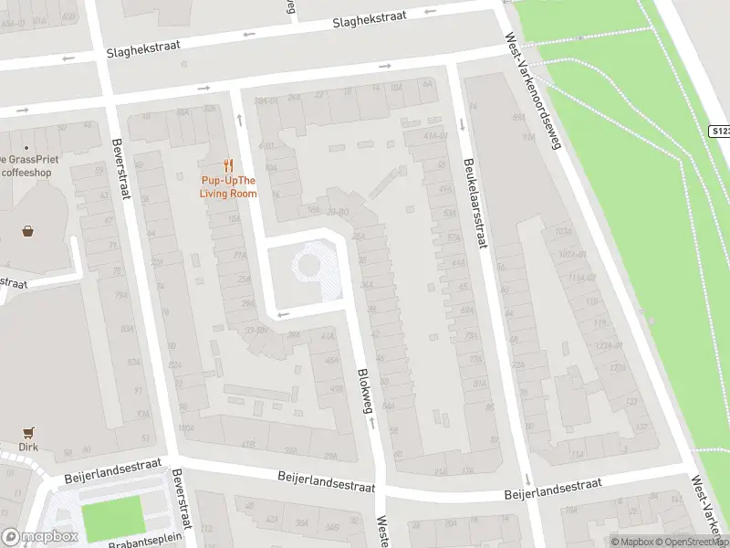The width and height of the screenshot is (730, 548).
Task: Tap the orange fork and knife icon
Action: coord(229,167)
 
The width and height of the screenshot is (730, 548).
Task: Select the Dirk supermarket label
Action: coord(28,448)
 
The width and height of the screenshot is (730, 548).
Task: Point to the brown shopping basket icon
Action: coord(28,230)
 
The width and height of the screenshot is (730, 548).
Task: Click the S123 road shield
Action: coord(719,132)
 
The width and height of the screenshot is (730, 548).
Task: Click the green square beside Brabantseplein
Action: coord(113,516)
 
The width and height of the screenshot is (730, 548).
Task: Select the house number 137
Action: coord(641,426)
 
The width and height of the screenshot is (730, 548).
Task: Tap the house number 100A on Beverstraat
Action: coord(186,427)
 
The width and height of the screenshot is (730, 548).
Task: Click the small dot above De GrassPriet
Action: coord(26,148)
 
